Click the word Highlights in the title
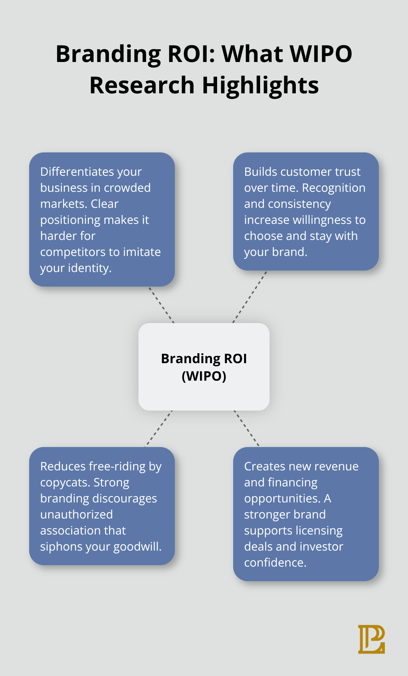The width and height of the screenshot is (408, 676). click(x=260, y=85)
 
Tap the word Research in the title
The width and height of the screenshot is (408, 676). click(x=142, y=85)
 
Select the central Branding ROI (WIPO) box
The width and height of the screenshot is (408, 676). click(x=204, y=367)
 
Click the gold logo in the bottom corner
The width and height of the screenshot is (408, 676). click(x=371, y=639)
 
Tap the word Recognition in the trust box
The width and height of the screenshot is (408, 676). click(x=333, y=188)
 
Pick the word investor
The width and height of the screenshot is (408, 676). click(x=322, y=547)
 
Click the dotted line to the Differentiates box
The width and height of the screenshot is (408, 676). click(x=161, y=305)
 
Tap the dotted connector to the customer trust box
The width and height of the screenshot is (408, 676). click(x=250, y=297)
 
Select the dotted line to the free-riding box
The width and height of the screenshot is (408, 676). click(x=158, y=429)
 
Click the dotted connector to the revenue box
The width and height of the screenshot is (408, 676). click(x=247, y=428)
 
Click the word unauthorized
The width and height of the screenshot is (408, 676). click(x=76, y=514)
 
